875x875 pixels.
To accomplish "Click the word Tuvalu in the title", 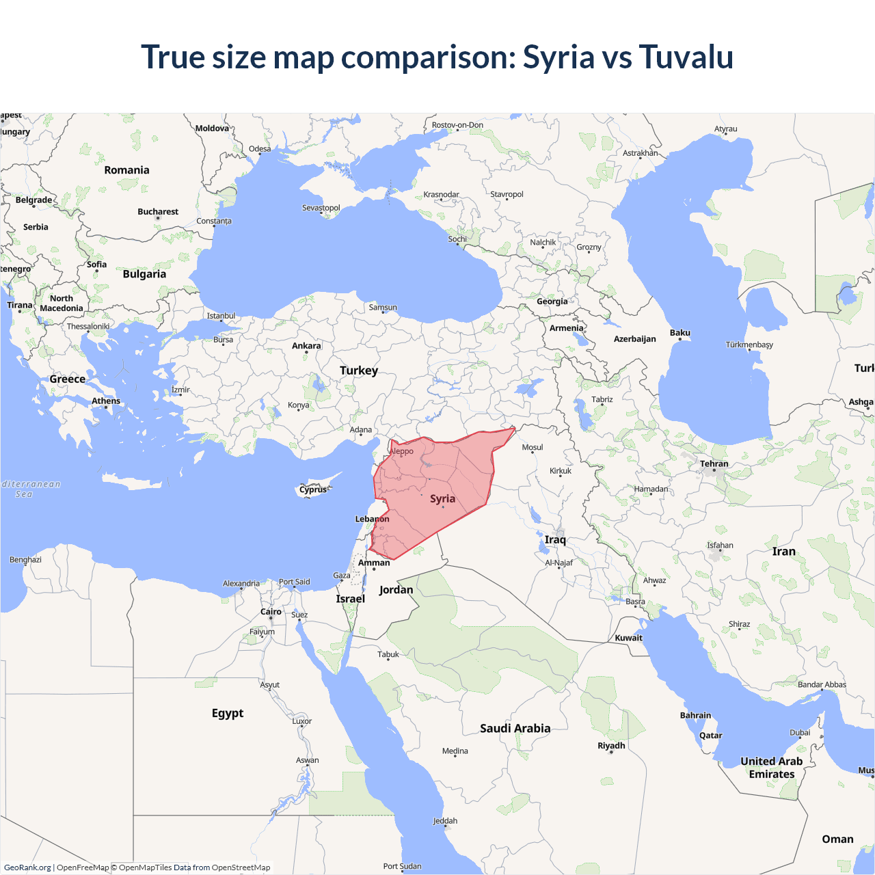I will [x=686, y=57].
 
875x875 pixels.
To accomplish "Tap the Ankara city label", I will [x=306, y=346].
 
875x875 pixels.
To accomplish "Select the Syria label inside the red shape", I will [x=442, y=499].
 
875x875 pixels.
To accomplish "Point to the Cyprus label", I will [x=313, y=489].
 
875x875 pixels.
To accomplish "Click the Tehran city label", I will [x=714, y=464].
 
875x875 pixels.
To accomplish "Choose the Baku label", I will [x=679, y=333].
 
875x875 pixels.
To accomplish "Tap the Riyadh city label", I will [x=611, y=746].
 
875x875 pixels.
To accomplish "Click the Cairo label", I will [x=271, y=612].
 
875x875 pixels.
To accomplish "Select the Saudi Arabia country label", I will [x=515, y=729].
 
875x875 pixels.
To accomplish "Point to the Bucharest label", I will [x=158, y=212].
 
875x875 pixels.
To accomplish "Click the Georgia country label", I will [x=552, y=301].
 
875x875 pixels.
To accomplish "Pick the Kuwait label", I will [x=628, y=638].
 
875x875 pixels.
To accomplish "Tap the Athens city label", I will [x=106, y=401].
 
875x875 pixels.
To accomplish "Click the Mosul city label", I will [x=533, y=448].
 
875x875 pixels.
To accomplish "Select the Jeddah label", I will [x=445, y=821].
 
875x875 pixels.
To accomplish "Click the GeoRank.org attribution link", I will [x=27, y=867].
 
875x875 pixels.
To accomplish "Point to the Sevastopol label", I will [x=321, y=208].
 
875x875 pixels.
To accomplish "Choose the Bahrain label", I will [x=695, y=716].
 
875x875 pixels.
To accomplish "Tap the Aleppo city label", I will [x=402, y=451].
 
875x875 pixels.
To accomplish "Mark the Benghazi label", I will [x=25, y=560].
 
